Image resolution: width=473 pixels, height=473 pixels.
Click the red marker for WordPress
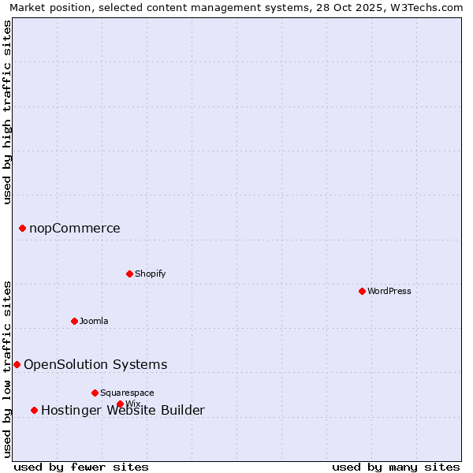coord(362,291)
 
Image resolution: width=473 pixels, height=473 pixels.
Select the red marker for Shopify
coord(129,274)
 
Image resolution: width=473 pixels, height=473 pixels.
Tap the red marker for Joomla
coord(74,321)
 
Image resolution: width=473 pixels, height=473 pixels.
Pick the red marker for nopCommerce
coord(22,228)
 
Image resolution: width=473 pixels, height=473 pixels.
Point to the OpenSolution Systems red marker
coord(17,364)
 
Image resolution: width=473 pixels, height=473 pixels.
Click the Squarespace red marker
coord(95,393)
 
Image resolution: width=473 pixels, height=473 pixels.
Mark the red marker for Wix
coord(120,404)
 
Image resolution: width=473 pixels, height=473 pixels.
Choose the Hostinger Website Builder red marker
coord(34,410)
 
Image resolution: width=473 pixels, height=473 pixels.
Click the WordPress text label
coord(389,291)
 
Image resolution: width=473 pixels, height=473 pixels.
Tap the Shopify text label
coord(150,274)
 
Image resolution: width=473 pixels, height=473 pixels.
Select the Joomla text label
coord(94,321)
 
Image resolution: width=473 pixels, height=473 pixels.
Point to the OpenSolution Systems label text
coord(95,364)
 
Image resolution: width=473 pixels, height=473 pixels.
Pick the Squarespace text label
coord(127,393)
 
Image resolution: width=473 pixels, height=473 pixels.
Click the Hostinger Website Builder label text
coord(123,410)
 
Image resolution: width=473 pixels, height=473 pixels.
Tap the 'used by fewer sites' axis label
coord(81,467)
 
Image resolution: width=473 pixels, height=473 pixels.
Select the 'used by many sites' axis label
coord(396,467)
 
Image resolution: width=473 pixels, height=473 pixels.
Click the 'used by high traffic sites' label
coord(7,112)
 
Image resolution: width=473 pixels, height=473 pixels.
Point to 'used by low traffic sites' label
coord(7,369)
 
